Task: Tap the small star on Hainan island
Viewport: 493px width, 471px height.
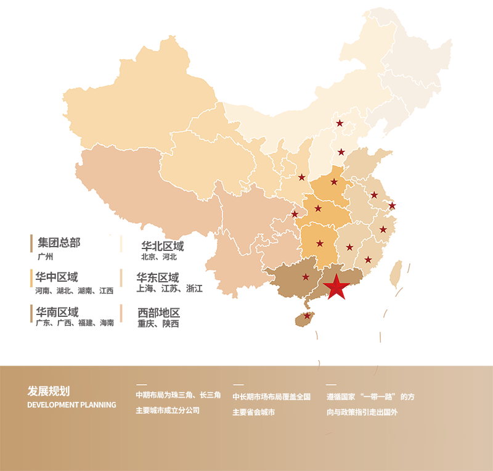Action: (x=307, y=316)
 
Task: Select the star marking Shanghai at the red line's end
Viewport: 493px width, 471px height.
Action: (x=392, y=205)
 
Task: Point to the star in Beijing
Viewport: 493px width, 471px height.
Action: (x=340, y=123)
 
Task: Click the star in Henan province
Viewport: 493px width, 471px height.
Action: (x=333, y=181)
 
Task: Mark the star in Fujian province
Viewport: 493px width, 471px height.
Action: (x=368, y=260)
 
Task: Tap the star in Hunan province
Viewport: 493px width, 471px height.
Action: (x=319, y=243)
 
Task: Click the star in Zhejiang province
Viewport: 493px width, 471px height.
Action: (x=383, y=229)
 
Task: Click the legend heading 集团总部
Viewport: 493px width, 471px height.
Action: (x=59, y=242)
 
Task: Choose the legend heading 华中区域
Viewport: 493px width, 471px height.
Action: (x=57, y=277)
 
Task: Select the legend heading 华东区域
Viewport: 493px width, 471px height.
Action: (x=158, y=277)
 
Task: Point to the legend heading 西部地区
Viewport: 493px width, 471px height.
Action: (x=158, y=312)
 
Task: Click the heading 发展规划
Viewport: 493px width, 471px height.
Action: (x=49, y=391)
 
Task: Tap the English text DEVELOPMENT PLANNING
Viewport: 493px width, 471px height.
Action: (x=71, y=405)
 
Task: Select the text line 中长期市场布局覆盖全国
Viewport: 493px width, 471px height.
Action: (x=271, y=396)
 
